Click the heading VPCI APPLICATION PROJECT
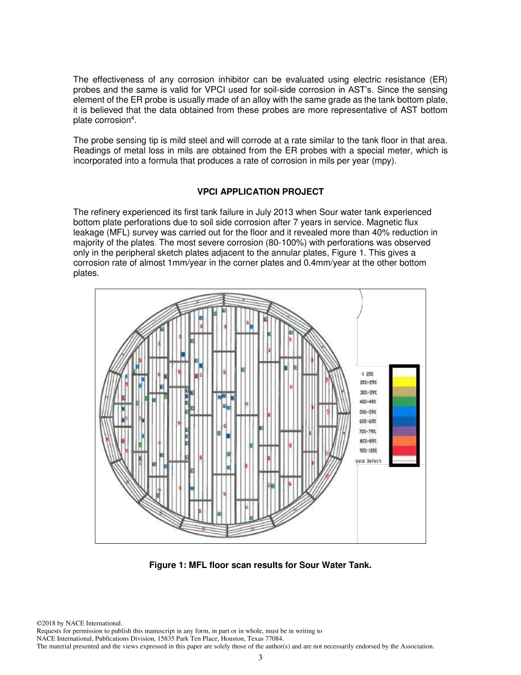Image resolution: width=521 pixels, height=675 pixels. (x=260, y=192)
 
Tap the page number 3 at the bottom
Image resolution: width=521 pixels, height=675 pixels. (x=260, y=657)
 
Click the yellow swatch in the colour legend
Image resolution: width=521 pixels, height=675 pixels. (x=404, y=381)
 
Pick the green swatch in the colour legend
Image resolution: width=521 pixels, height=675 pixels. (x=404, y=401)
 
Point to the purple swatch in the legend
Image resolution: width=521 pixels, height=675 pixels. (x=404, y=431)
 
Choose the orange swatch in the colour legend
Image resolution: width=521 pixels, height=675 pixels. (x=404, y=441)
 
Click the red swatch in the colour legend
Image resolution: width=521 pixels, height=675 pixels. (x=404, y=451)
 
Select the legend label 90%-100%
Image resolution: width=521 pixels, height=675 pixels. (x=368, y=451)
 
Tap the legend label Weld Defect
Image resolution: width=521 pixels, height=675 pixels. (x=369, y=461)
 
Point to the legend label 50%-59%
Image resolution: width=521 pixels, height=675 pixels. (x=368, y=412)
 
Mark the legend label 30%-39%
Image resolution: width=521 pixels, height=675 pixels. (x=368, y=392)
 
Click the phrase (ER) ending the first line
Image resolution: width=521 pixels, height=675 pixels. (x=438, y=80)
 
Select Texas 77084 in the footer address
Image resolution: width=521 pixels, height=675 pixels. (x=264, y=639)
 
